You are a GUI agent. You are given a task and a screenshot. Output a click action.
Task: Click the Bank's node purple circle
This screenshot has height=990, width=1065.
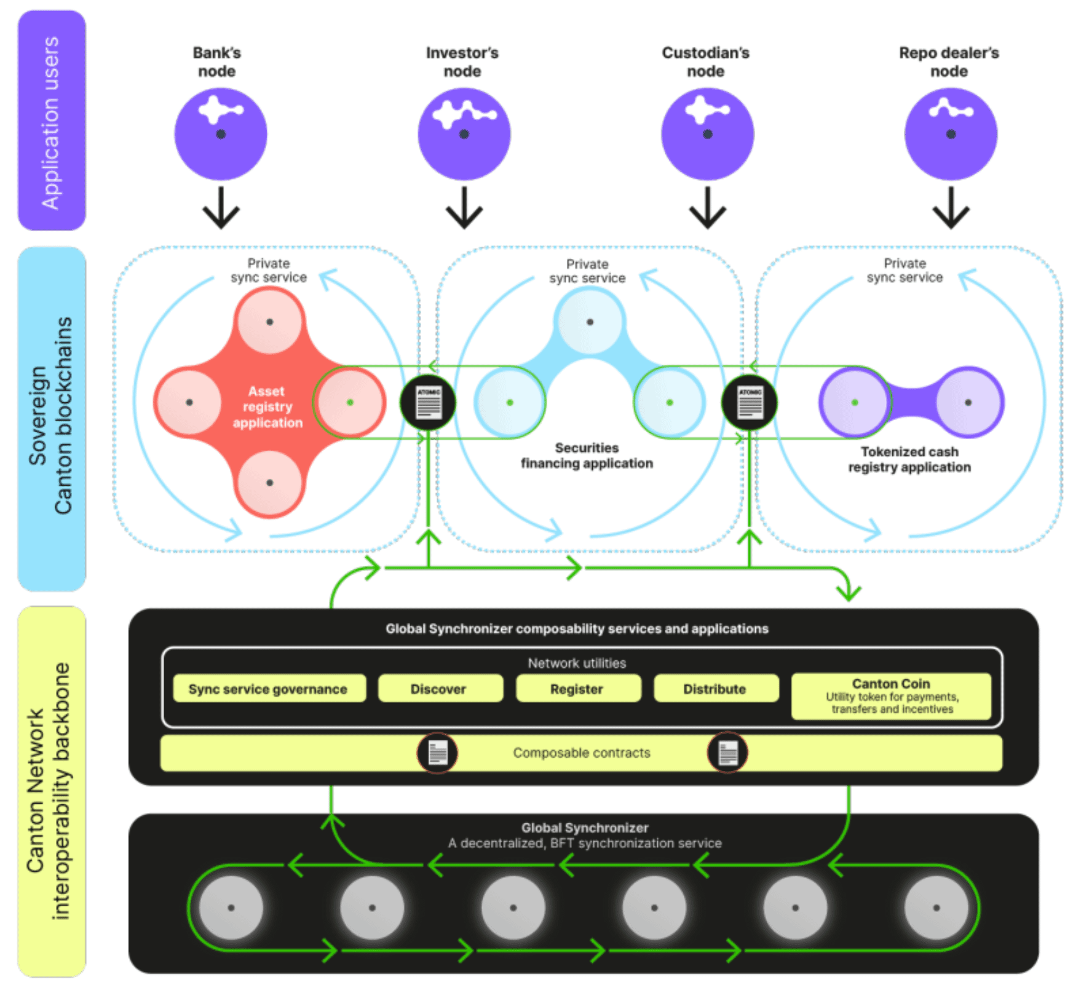[x=221, y=134]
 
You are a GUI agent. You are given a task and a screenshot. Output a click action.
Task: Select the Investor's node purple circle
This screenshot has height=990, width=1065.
[x=464, y=134]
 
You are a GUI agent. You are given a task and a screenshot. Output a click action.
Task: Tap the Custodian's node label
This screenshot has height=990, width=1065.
[x=705, y=61]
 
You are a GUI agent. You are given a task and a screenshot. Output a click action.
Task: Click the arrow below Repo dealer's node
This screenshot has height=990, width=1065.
[x=951, y=209]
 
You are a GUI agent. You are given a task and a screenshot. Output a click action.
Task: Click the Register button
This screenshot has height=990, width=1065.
[x=577, y=689]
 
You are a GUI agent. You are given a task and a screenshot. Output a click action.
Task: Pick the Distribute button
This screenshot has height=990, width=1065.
[x=715, y=689]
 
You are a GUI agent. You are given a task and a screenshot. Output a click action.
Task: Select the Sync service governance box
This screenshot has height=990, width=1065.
[x=269, y=689]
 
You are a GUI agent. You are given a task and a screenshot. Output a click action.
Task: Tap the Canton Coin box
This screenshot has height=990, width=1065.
[x=891, y=695]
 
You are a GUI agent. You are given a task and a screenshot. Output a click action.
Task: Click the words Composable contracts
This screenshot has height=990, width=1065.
[x=581, y=753]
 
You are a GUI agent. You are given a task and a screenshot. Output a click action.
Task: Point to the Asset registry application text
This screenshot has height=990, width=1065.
[x=267, y=406]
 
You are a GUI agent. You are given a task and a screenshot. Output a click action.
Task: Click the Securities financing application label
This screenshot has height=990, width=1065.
[x=587, y=456]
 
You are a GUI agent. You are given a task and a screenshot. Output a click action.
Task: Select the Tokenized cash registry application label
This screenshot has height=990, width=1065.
[x=909, y=459]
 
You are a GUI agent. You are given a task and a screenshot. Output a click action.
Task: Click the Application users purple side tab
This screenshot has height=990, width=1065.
[x=52, y=121]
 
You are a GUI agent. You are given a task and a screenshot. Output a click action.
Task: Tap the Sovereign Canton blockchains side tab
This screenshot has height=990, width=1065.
[x=52, y=418]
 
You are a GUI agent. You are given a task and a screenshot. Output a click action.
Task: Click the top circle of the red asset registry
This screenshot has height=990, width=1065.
[x=269, y=322]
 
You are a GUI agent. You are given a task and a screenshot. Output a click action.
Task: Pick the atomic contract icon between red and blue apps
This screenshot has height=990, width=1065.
[x=428, y=403]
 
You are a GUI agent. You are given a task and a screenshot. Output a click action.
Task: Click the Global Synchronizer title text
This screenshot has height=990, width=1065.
[x=585, y=828]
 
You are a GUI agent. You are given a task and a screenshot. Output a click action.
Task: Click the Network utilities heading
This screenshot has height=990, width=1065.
[x=577, y=663]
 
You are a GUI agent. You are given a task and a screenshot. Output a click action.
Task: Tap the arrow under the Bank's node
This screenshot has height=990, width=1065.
[x=221, y=209]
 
